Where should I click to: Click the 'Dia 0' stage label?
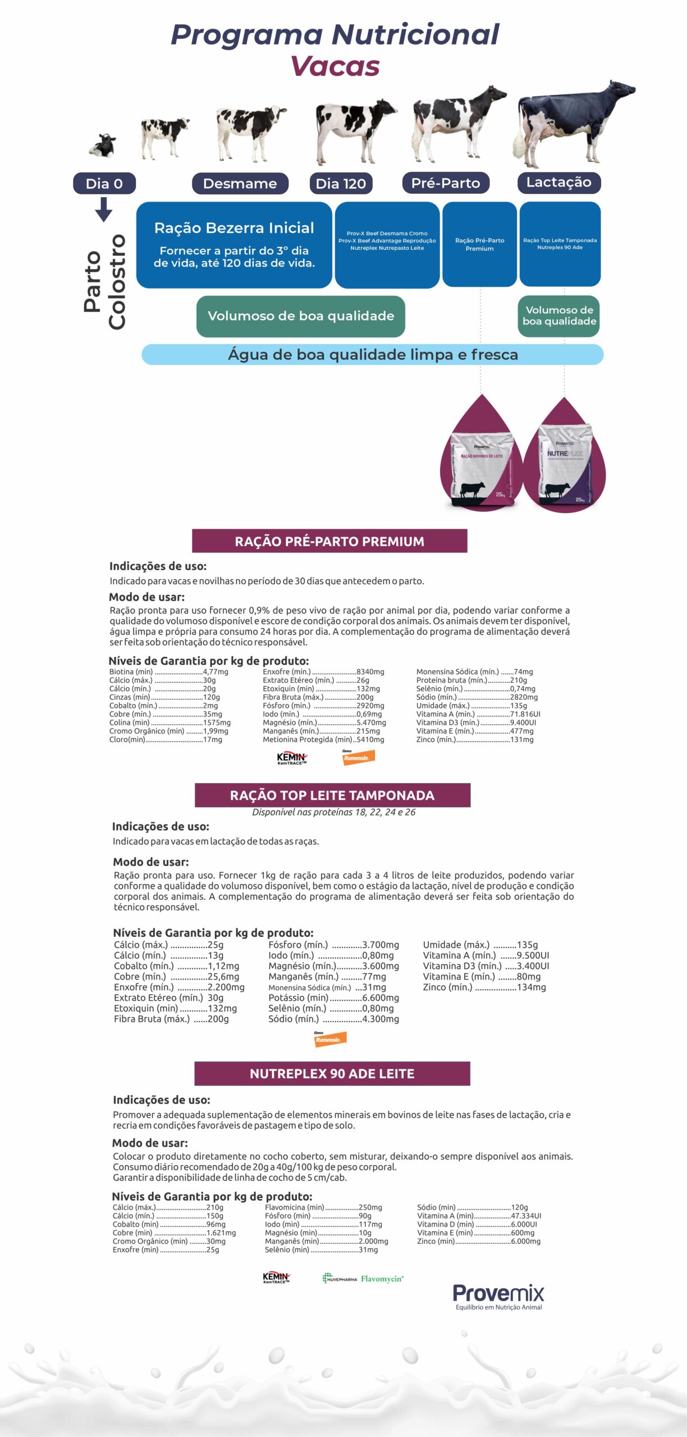(x=104, y=184)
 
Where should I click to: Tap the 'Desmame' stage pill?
(x=240, y=184)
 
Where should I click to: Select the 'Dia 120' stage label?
(x=341, y=184)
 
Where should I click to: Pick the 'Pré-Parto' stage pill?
(x=446, y=183)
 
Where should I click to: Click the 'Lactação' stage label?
(x=558, y=182)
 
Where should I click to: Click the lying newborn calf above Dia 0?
(x=103, y=146)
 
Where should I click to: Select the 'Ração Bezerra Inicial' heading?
(x=234, y=228)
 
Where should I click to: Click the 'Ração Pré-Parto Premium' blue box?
(x=479, y=245)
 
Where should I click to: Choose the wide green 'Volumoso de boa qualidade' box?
(x=301, y=316)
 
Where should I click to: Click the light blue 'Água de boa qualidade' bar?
(x=372, y=355)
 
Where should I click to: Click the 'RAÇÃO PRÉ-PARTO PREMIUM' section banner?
(x=329, y=541)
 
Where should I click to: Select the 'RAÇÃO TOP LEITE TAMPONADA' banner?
(x=332, y=795)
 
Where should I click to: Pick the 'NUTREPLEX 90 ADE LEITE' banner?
(x=332, y=1073)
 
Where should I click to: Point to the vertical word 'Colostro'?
(x=117, y=282)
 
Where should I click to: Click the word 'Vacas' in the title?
(x=335, y=66)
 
